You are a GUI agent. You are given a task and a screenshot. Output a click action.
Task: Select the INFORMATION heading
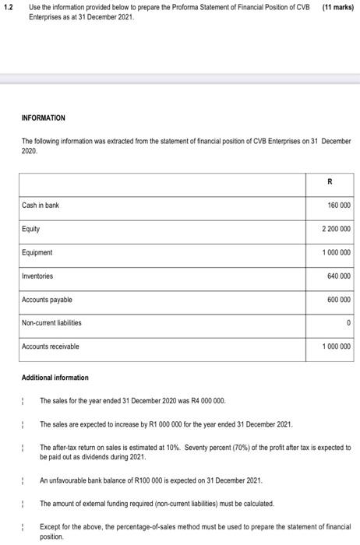coord(44,118)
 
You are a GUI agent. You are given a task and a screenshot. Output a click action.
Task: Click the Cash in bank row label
coord(41,205)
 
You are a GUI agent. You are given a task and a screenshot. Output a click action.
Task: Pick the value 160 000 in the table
coord(336,206)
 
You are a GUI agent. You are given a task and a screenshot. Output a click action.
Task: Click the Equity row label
coord(30,229)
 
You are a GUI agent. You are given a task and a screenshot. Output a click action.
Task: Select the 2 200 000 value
coord(334,230)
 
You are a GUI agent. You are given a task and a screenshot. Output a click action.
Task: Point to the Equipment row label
coord(37,252)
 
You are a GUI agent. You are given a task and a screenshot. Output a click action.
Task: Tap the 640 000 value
coord(336,276)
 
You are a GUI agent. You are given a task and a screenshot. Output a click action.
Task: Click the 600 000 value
coord(336,300)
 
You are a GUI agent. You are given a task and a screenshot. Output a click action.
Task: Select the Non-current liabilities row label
coord(51,322)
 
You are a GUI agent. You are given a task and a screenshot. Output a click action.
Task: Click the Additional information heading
coord(55,378)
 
